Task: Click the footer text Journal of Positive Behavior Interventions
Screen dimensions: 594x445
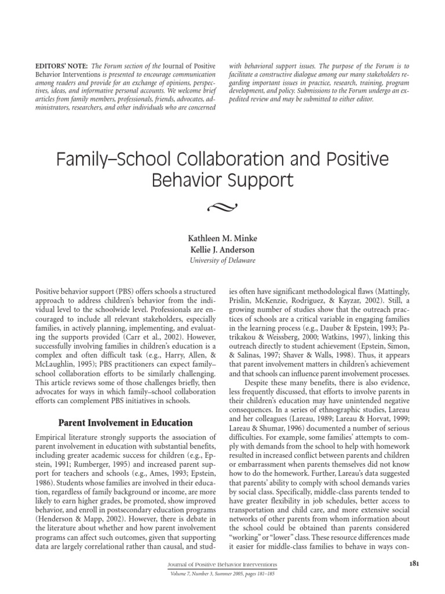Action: [x=222, y=564]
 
